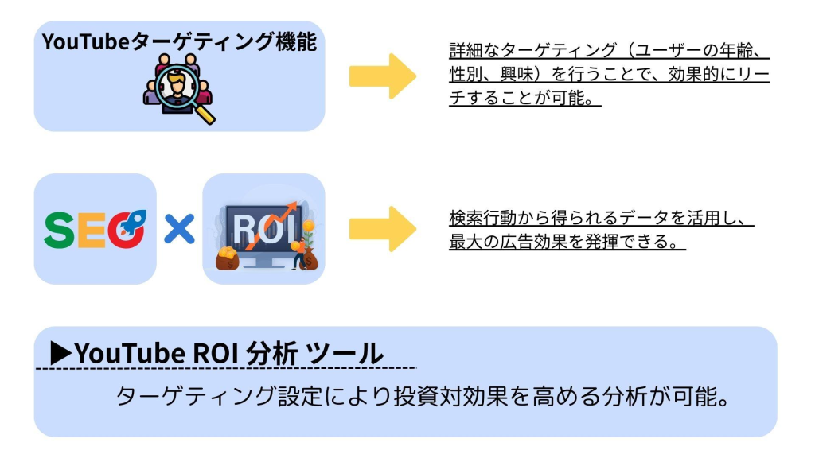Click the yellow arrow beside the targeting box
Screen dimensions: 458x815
click(383, 76)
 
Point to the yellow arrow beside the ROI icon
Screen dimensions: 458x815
click(383, 229)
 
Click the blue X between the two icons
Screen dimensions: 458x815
click(179, 230)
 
